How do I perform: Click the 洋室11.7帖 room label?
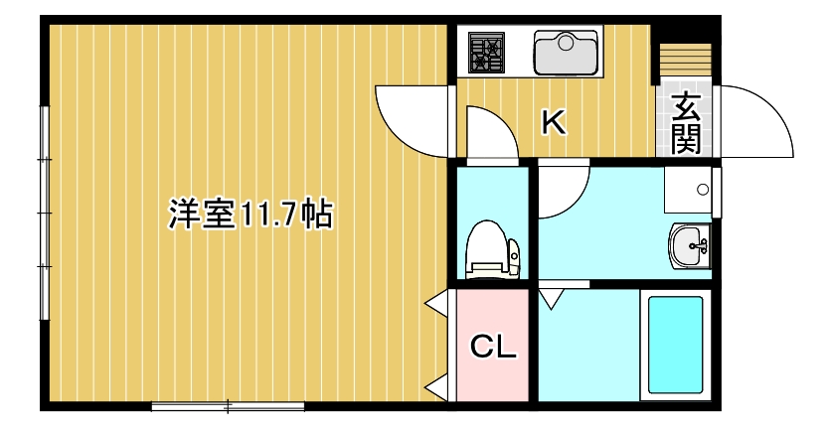coord(249,216)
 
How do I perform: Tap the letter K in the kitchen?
coord(553,122)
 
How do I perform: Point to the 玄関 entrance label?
coord(685,122)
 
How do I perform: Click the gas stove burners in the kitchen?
coord(487,52)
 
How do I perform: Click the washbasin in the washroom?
coord(690,245)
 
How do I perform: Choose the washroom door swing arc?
coord(565,191)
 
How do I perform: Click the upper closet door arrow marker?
coord(435,303)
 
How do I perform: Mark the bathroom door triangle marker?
coord(551,295)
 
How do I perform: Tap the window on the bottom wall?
coord(228,405)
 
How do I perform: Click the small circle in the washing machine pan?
coord(704,189)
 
